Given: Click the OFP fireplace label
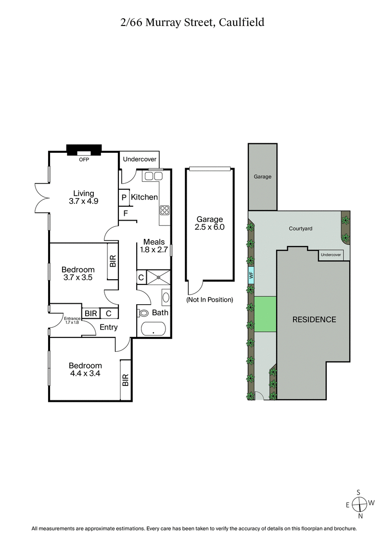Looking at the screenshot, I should pyautogui.click(x=84, y=159).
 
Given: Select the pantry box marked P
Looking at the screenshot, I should pyautogui.click(x=124, y=198).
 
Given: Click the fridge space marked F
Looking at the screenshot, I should pyautogui.click(x=126, y=213).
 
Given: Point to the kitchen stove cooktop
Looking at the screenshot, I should pyautogui.click(x=165, y=210).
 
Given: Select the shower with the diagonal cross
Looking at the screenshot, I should pyautogui.click(x=158, y=277).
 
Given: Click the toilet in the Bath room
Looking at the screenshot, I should pyautogui.click(x=144, y=313).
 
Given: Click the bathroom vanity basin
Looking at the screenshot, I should pyautogui.click(x=166, y=297).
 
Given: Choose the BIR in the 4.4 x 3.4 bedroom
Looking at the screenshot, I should pyautogui.click(x=126, y=381).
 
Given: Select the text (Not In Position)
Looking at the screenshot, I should pyautogui.click(x=209, y=300).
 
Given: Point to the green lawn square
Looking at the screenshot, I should pyautogui.click(x=265, y=314).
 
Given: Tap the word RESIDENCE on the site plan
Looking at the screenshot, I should pyautogui.click(x=314, y=320).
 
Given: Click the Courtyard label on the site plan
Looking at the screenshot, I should pyautogui.click(x=301, y=229).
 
